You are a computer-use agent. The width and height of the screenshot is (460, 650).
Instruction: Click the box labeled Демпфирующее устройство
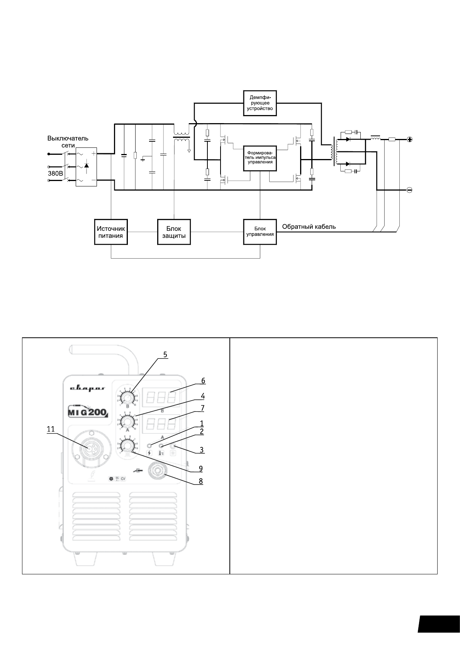pos(260,103)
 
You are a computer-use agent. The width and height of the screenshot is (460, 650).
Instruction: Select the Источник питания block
pos(111,232)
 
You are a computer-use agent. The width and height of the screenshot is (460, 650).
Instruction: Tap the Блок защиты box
pos(174,232)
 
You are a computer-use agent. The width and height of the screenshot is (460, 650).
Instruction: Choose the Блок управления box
pos(260,232)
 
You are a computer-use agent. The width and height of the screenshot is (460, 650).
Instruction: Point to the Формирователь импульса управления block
pos(260,158)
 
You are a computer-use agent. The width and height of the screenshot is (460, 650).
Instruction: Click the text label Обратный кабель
pos(309,227)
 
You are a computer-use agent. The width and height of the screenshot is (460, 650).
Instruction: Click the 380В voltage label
pos(55,174)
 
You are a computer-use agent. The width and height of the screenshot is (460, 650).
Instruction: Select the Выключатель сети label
pos(68,141)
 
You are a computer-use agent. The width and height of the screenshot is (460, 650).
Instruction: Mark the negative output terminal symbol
pos(410,190)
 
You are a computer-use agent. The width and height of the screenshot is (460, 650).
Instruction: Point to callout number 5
pos(165,354)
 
